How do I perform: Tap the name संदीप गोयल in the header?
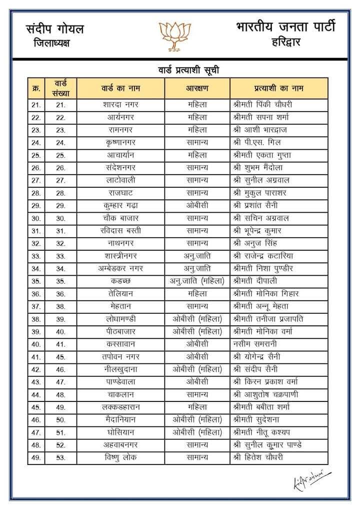click(x=55, y=29)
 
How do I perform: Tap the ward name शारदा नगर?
click(x=119, y=105)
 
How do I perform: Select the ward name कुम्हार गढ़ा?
click(x=119, y=205)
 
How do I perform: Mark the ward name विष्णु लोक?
click(x=119, y=457)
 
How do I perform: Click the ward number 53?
click(x=61, y=457)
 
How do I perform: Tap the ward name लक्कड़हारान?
click(x=119, y=407)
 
